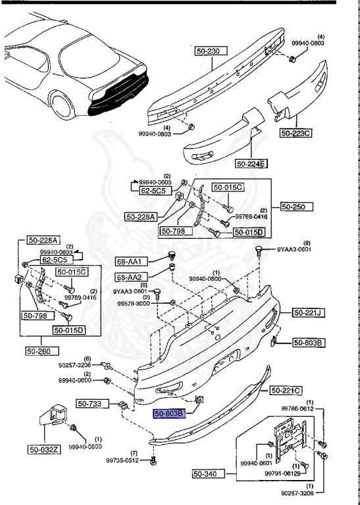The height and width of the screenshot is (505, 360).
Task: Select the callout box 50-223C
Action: (296, 133)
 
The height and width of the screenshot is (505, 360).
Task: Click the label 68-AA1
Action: (129, 262)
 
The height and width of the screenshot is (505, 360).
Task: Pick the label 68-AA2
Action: (129, 277)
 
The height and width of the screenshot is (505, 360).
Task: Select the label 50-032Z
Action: (43, 450)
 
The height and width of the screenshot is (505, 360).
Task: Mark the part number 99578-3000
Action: (133, 304)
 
